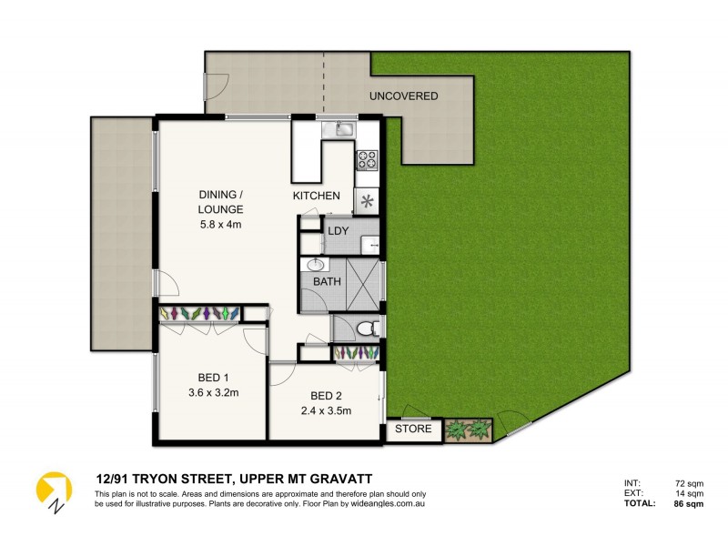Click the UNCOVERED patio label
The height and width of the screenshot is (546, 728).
click(403, 96)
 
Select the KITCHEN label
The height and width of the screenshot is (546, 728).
click(316, 196)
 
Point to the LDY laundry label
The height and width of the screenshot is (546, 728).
click(339, 231)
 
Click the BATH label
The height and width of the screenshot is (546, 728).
click(327, 282)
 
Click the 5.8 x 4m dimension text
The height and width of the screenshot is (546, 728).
click(221, 225)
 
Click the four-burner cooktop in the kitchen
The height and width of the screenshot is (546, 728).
click(367, 160)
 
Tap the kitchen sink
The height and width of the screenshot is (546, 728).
click(343, 129)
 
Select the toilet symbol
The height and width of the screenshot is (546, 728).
click(366, 328)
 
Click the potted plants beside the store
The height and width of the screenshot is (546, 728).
click(468, 430)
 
